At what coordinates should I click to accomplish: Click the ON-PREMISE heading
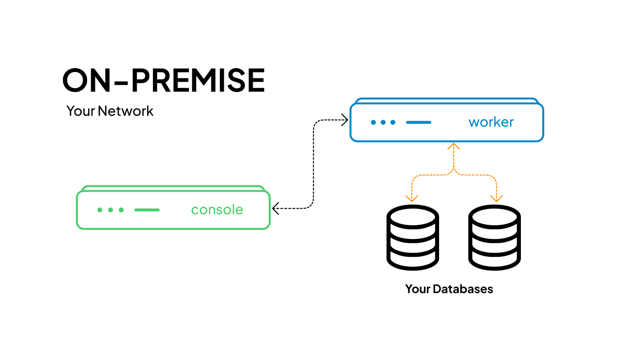pos(164,80)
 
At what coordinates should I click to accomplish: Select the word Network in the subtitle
pos(125,111)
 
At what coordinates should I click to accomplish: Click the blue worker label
pos(491,122)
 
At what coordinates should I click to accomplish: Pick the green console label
pos(217,210)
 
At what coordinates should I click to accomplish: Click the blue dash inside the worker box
pos(419,122)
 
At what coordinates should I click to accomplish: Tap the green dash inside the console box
pos(147,210)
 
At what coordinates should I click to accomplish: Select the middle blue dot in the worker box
pos(383,122)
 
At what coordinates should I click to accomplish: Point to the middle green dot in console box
pos(111,210)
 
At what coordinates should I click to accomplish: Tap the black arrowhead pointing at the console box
pos(276,209)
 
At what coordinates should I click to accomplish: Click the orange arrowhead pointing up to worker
pos(454,146)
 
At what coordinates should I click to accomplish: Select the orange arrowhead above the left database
pos(412,198)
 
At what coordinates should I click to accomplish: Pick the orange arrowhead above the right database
pos(496,198)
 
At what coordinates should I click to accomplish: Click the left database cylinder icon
pos(412,239)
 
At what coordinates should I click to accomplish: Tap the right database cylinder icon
pos(495,239)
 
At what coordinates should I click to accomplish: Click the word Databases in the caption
pos(463,289)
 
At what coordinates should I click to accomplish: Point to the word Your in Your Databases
pos(418,289)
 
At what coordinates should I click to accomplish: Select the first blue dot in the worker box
pos(373,122)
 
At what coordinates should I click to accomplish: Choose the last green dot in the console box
pos(121,210)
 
